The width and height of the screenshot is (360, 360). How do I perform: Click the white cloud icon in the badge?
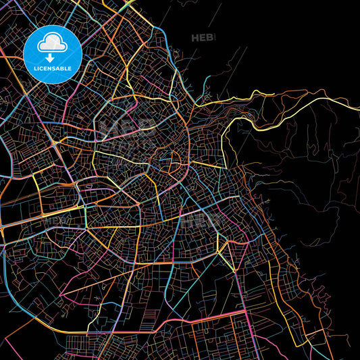pyautogui.click(x=52, y=45)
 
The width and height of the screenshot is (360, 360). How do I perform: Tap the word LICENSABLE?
pyautogui.click(x=52, y=69)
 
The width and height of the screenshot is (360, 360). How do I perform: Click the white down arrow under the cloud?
pyautogui.click(x=52, y=58)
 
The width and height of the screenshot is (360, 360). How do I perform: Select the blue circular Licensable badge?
pyautogui.click(x=52, y=53)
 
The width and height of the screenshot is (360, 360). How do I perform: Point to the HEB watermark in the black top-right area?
pyautogui.click(x=202, y=37)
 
